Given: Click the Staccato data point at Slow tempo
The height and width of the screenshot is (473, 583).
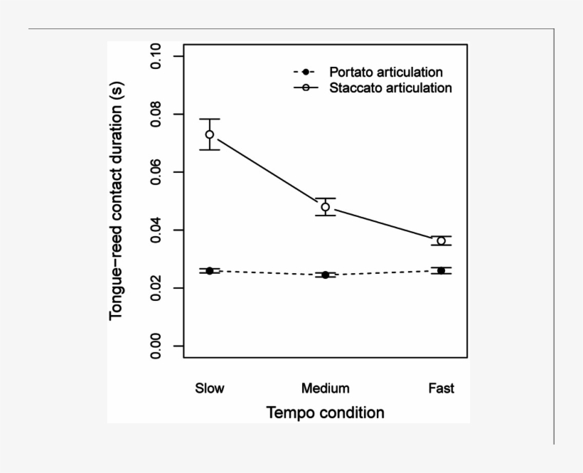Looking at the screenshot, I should point(210,134).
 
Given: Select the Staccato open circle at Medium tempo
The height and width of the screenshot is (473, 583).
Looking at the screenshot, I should point(326,208).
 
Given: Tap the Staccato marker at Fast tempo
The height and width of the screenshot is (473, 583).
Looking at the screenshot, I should point(442,241).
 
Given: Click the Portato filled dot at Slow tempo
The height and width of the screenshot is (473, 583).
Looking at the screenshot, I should point(210,271).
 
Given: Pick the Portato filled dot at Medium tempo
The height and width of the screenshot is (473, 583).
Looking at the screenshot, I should point(326,275).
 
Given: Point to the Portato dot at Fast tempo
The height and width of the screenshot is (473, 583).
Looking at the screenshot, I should point(442,270).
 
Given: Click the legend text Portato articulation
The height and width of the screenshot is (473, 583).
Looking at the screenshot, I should point(385,73).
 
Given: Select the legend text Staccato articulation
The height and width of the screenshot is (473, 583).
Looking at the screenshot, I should point(390,88).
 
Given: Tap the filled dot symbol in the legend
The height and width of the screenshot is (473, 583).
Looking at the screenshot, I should point(305,73).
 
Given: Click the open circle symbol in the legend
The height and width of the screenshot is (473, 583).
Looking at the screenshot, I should point(305,88).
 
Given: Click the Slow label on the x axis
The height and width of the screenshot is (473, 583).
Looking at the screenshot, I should point(210,388).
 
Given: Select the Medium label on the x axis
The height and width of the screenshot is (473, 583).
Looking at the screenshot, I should point(326,388).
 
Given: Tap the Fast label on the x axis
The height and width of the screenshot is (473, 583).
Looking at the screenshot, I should point(442,388).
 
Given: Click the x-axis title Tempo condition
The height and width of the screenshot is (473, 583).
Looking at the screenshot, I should point(325,413).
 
